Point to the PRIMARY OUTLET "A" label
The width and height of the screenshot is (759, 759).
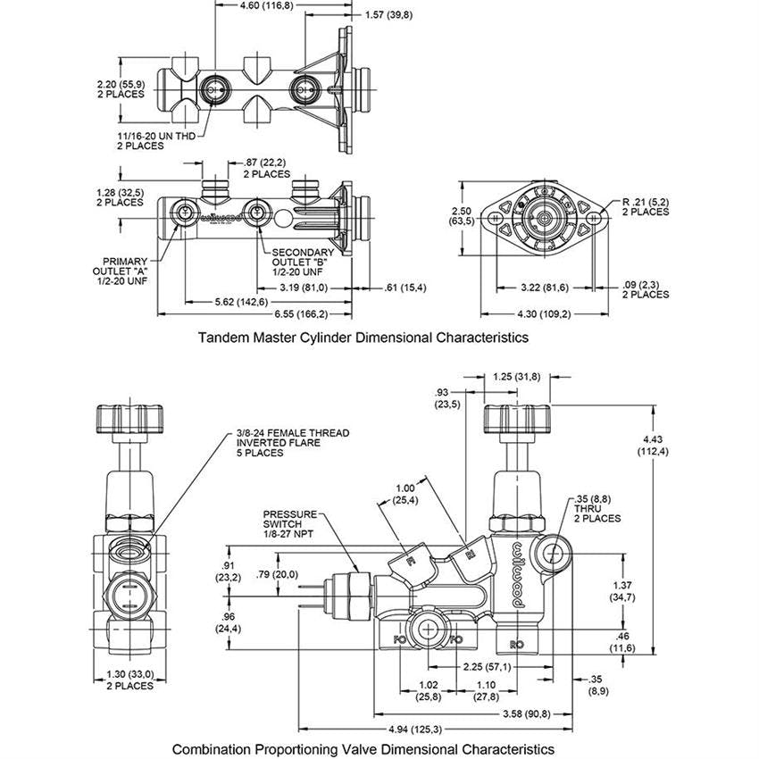point(121,271)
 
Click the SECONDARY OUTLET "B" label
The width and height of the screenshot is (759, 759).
point(303,262)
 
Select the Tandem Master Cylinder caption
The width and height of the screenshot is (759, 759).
point(363,337)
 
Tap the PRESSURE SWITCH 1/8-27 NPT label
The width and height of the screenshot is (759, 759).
point(290,524)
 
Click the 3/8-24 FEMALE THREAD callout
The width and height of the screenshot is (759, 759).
point(293,443)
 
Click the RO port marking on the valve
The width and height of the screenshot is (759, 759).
point(516,645)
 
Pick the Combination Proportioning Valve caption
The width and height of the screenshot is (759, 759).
point(363,749)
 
